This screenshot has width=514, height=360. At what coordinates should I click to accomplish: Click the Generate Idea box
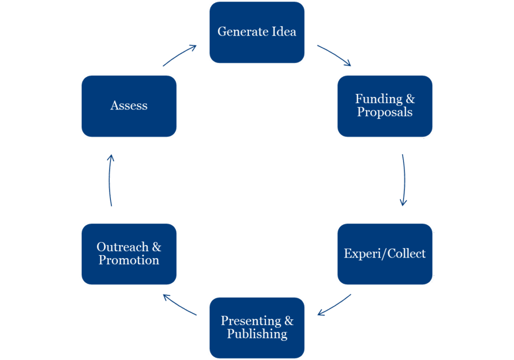pyautogui.click(x=256, y=33)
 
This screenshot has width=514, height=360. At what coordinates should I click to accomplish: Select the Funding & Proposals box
pyautogui.click(x=384, y=106)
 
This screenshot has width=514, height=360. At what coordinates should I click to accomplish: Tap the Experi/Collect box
pyautogui.click(x=384, y=254)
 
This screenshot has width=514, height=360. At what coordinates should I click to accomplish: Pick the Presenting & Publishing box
pyautogui.click(x=256, y=328)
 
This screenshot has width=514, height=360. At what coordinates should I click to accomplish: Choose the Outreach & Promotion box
pyautogui.click(x=128, y=254)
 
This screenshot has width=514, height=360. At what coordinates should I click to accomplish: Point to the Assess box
pyautogui.click(x=128, y=106)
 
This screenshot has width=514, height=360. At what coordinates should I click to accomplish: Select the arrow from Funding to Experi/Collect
pyautogui.click(x=404, y=180)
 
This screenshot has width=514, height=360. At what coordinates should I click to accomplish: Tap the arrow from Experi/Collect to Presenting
pyautogui.click(x=334, y=305)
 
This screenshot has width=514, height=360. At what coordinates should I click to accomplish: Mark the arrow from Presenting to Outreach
pyautogui.click(x=180, y=305)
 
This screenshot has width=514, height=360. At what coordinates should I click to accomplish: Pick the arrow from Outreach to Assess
pyautogui.click(x=110, y=180)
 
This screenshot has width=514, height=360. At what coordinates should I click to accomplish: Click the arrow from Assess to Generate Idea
pyautogui.click(x=180, y=55)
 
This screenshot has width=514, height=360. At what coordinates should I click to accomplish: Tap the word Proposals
pyautogui.click(x=384, y=112)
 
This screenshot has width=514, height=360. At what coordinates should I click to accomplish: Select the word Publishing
pyautogui.click(x=257, y=334)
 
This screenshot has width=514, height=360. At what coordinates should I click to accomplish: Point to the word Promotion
pyautogui.click(x=128, y=261)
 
